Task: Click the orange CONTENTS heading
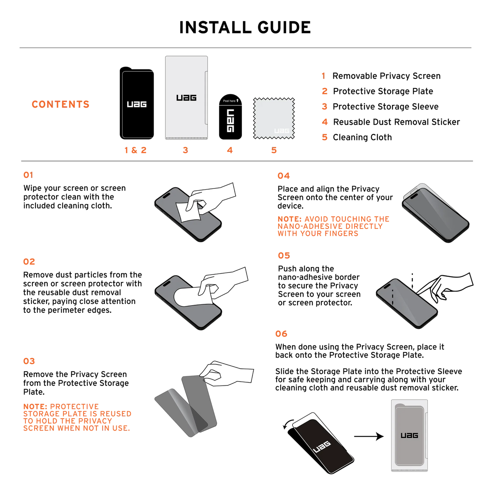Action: [61, 104]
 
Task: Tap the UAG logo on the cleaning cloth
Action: [282, 131]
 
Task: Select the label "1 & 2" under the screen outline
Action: [136, 151]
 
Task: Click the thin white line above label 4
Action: [230, 105]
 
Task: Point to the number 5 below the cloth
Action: [274, 151]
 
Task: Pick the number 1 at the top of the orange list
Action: [323, 76]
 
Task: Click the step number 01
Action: [28, 175]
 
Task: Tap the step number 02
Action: [29, 262]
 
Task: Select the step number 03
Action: [29, 361]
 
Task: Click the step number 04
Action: [283, 176]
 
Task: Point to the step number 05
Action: [284, 255]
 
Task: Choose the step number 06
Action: [281, 334]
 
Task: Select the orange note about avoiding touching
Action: [333, 226]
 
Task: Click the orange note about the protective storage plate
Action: [77, 417]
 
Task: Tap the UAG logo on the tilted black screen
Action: [322, 447]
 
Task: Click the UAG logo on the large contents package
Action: [186, 98]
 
